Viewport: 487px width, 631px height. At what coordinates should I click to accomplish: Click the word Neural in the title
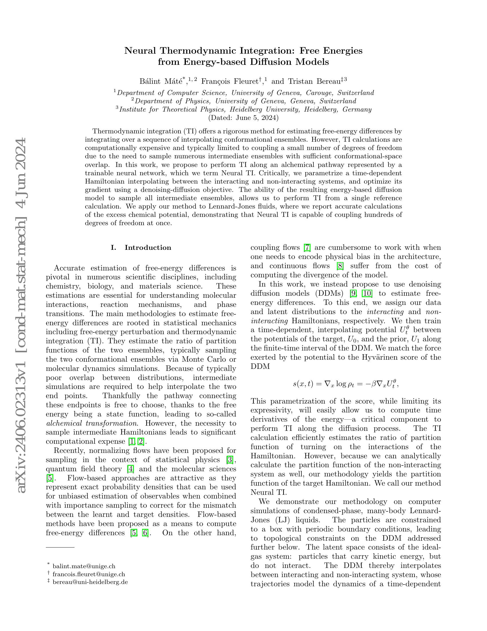tap(140, 51)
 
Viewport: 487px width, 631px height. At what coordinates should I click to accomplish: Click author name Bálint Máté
tap(161, 81)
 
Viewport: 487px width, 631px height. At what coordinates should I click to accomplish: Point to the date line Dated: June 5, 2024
tap(243, 118)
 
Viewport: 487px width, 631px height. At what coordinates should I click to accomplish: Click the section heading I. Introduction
tap(141, 248)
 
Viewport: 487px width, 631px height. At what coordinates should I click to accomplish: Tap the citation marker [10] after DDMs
tap(367, 293)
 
